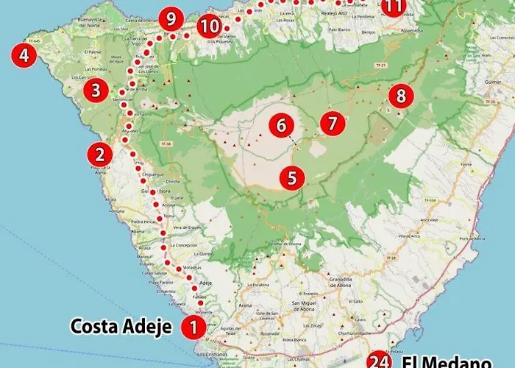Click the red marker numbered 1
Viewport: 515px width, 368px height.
[193, 326]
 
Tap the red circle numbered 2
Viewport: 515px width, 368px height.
[100, 155]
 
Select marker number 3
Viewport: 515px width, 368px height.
[96, 91]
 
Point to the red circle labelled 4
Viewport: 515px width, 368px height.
[25, 56]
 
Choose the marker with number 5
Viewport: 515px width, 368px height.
[292, 177]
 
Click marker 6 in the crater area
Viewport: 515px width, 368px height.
[280, 125]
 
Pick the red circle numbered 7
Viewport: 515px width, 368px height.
[333, 123]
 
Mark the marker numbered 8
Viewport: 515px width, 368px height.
[400, 95]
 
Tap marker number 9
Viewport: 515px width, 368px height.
[172, 18]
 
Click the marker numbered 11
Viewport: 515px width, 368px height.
[394, 7]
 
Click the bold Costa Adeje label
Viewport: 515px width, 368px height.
[121, 325]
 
